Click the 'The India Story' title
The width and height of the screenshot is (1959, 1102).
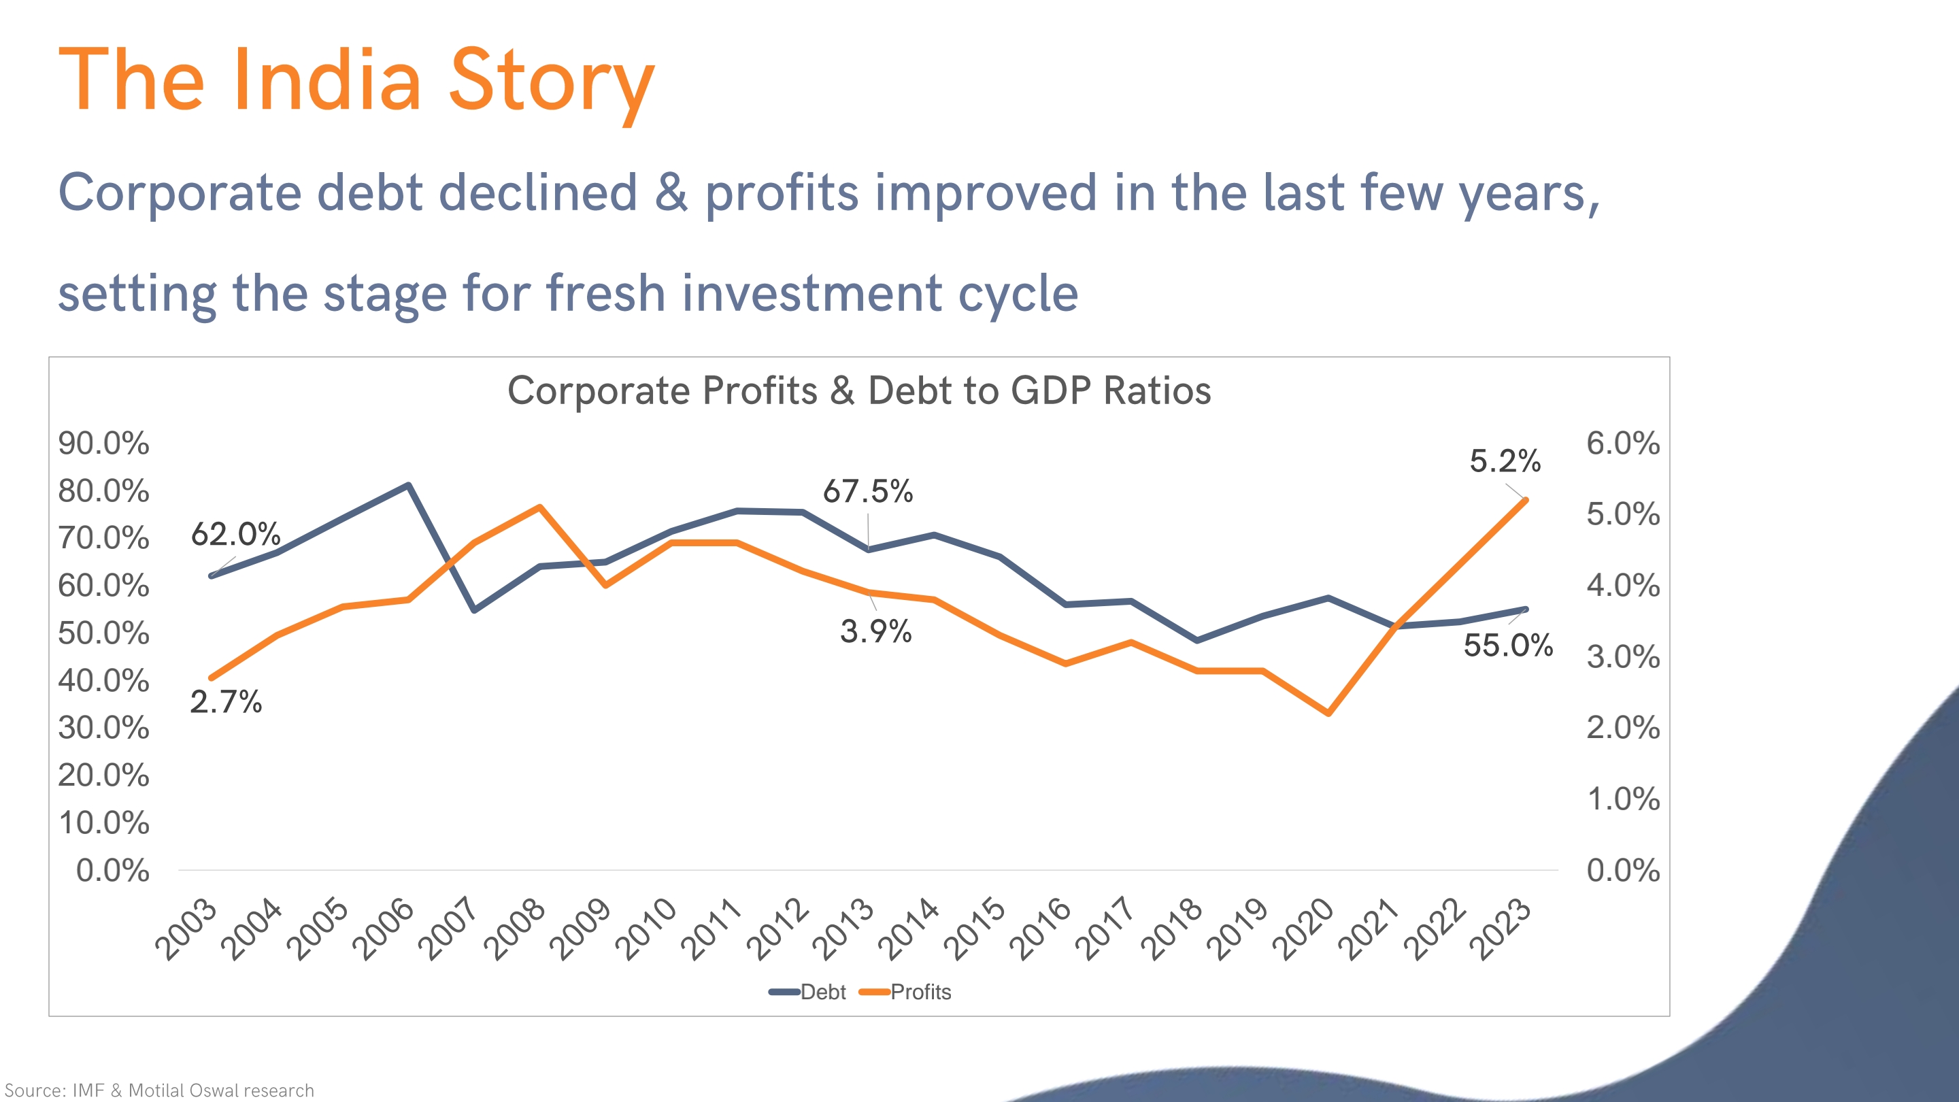pos(356,81)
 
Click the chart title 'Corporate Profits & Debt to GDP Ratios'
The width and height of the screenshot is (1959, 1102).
pos(858,391)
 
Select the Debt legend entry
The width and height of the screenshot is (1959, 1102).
pos(807,992)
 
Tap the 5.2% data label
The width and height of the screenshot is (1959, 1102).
pos(1504,461)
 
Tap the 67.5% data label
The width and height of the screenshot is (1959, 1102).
pos(868,491)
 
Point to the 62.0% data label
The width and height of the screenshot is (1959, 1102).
pos(236,534)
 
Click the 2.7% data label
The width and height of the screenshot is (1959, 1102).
pos(226,701)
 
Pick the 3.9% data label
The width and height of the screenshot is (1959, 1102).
pos(875,631)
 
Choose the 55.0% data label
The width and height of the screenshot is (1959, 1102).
pos(1508,645)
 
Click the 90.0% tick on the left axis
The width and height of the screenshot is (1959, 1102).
pos(103,444)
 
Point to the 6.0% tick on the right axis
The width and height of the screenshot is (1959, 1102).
pos(1623,444)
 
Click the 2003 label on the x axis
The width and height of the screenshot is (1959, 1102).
pos(186,929)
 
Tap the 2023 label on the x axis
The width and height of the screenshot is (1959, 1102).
pos(1499,929)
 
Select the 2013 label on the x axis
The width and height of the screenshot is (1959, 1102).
pos(843,929)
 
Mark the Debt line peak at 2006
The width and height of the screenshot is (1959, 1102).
pos(408,485)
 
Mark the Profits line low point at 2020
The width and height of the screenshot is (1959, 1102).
pos(1328,714)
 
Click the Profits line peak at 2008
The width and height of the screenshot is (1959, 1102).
pos(540,507)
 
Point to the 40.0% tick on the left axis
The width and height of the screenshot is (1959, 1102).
pos(103,681)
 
